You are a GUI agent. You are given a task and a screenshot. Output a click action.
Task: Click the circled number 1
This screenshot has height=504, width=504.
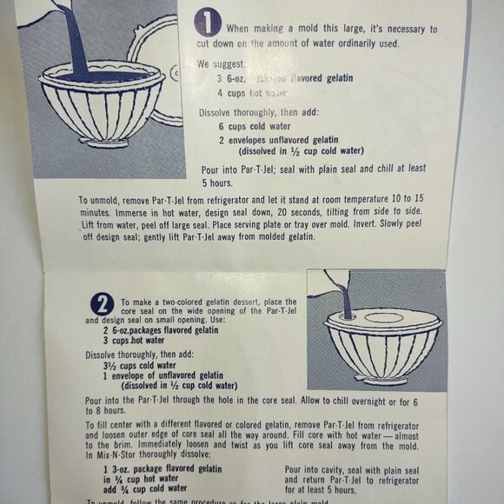click(x=208, y=23)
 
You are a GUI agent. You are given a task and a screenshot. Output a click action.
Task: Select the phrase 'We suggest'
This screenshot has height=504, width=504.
click(x=220, y=64)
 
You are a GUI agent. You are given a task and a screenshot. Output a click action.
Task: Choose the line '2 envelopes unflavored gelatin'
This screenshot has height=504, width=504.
click(x=279, y=140)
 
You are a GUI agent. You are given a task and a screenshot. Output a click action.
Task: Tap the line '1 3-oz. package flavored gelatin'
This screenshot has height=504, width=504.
click(x=162, y=469)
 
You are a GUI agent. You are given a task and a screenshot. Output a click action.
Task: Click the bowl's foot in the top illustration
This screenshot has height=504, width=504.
click(x=103, y=142)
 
